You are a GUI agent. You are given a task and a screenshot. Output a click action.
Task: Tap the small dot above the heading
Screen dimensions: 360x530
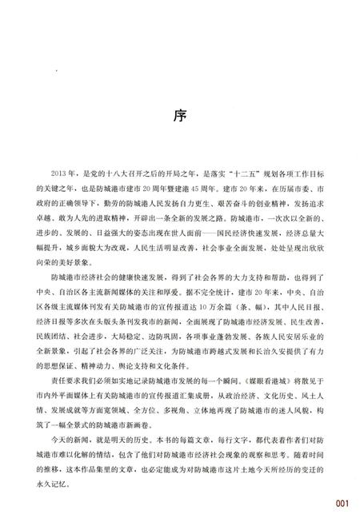click(x=57, y=71)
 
